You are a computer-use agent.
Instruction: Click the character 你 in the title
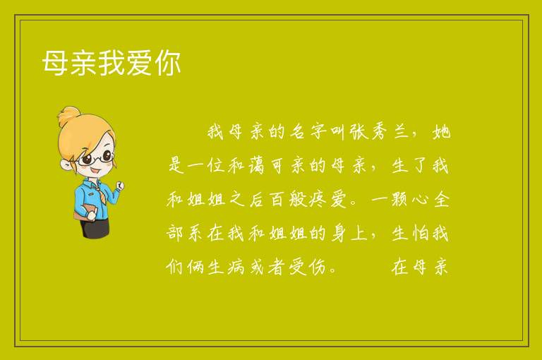[x=168, y=63]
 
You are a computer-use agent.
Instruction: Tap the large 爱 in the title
[x=140, y=63]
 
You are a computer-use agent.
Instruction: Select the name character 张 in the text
[x=359, y=132]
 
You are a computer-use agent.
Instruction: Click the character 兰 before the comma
[x=401, y=132]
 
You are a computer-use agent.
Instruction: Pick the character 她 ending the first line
[x=441, y=132]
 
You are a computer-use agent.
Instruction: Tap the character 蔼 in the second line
[x=256, y=165]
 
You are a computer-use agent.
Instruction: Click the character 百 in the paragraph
[x=277, y=199]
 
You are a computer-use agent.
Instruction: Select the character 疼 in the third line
[x=318, y=199]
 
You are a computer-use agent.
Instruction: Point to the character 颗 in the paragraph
[x=399, y=199]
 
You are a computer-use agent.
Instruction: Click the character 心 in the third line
[x=420, y=200]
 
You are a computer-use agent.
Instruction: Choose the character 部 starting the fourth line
[x=174, y=233]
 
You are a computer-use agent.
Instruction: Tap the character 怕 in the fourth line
[x=421, y=233]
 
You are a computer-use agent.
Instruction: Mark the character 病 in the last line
[x=236, y=267]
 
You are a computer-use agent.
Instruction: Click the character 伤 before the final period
[x=318, y=267]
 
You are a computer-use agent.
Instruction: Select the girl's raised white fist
[x=119, y=186]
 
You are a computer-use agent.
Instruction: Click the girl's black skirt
[x=95, y=228]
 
